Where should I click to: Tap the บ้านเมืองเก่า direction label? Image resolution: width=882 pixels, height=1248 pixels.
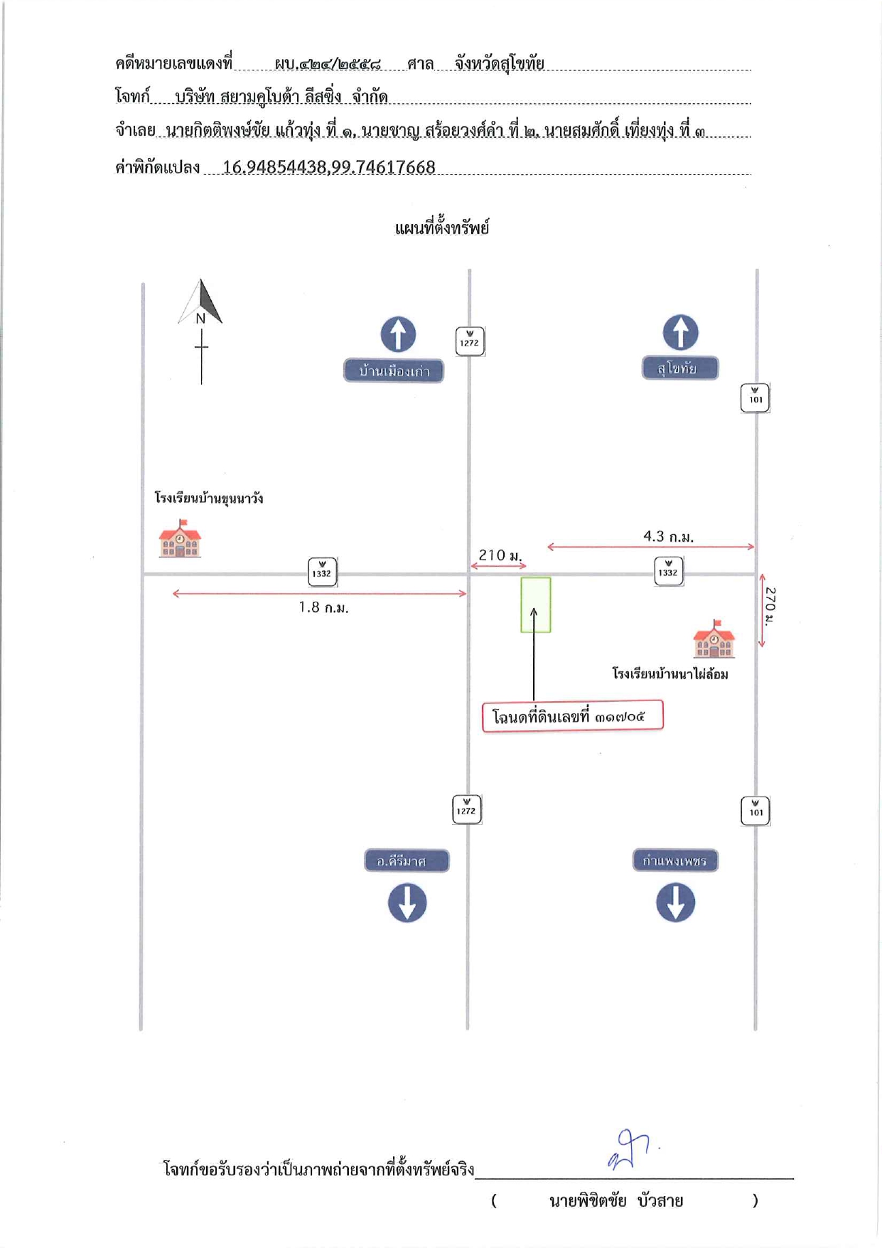[x=394, y=370]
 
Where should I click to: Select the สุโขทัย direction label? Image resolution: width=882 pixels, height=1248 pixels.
[x=679, y=368]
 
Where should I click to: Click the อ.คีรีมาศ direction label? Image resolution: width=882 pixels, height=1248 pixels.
[x=407, y=860]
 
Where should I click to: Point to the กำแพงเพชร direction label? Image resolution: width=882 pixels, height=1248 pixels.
[x=675, y=860]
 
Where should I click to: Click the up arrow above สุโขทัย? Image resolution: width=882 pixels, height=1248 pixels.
[x=680, y=332]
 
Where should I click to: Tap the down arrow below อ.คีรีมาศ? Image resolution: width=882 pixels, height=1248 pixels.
[x=407, y=903]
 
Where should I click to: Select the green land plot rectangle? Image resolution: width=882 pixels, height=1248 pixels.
[x=536, y=605]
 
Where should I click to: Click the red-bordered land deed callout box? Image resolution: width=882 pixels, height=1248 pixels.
[x=573, y=716]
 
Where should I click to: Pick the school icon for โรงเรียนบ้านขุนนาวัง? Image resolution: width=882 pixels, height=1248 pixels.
[x=180, y=538]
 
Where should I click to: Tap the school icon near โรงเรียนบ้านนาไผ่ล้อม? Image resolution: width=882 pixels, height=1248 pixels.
[x=714, y=639]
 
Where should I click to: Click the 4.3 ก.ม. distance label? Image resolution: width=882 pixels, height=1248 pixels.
[x=668, y=536]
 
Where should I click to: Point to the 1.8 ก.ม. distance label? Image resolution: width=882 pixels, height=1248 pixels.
[x=323, y=607]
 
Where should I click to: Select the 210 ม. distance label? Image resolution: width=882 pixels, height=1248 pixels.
[x=500, y=555]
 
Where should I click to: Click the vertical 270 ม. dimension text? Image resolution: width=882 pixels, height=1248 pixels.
[x=770, y=606]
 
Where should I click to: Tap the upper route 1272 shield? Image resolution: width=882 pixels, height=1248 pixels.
[x=470, y=341]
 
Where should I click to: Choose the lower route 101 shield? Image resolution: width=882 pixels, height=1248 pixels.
[x=755, y=811]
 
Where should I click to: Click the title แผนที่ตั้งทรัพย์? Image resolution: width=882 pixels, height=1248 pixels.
[x=441, y=228]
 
